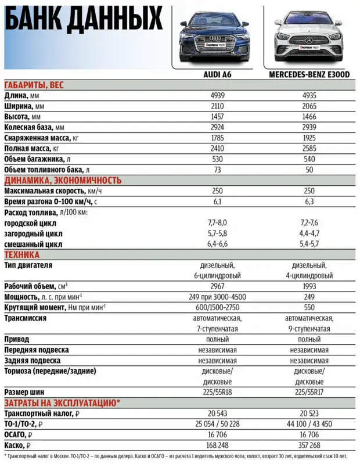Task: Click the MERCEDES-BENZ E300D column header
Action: pyautogui.click(x=309, y=75)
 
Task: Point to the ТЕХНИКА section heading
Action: pyautogui.click(x=21, y=254)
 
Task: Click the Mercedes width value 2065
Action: pyautogui.click(x=309, y=106)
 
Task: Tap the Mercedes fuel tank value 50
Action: pyautogui.click(x=309, y=170)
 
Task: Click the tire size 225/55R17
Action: pyautogui.click(x=309, y=392)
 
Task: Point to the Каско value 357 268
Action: pyautogui.click(x=309, y=445)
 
